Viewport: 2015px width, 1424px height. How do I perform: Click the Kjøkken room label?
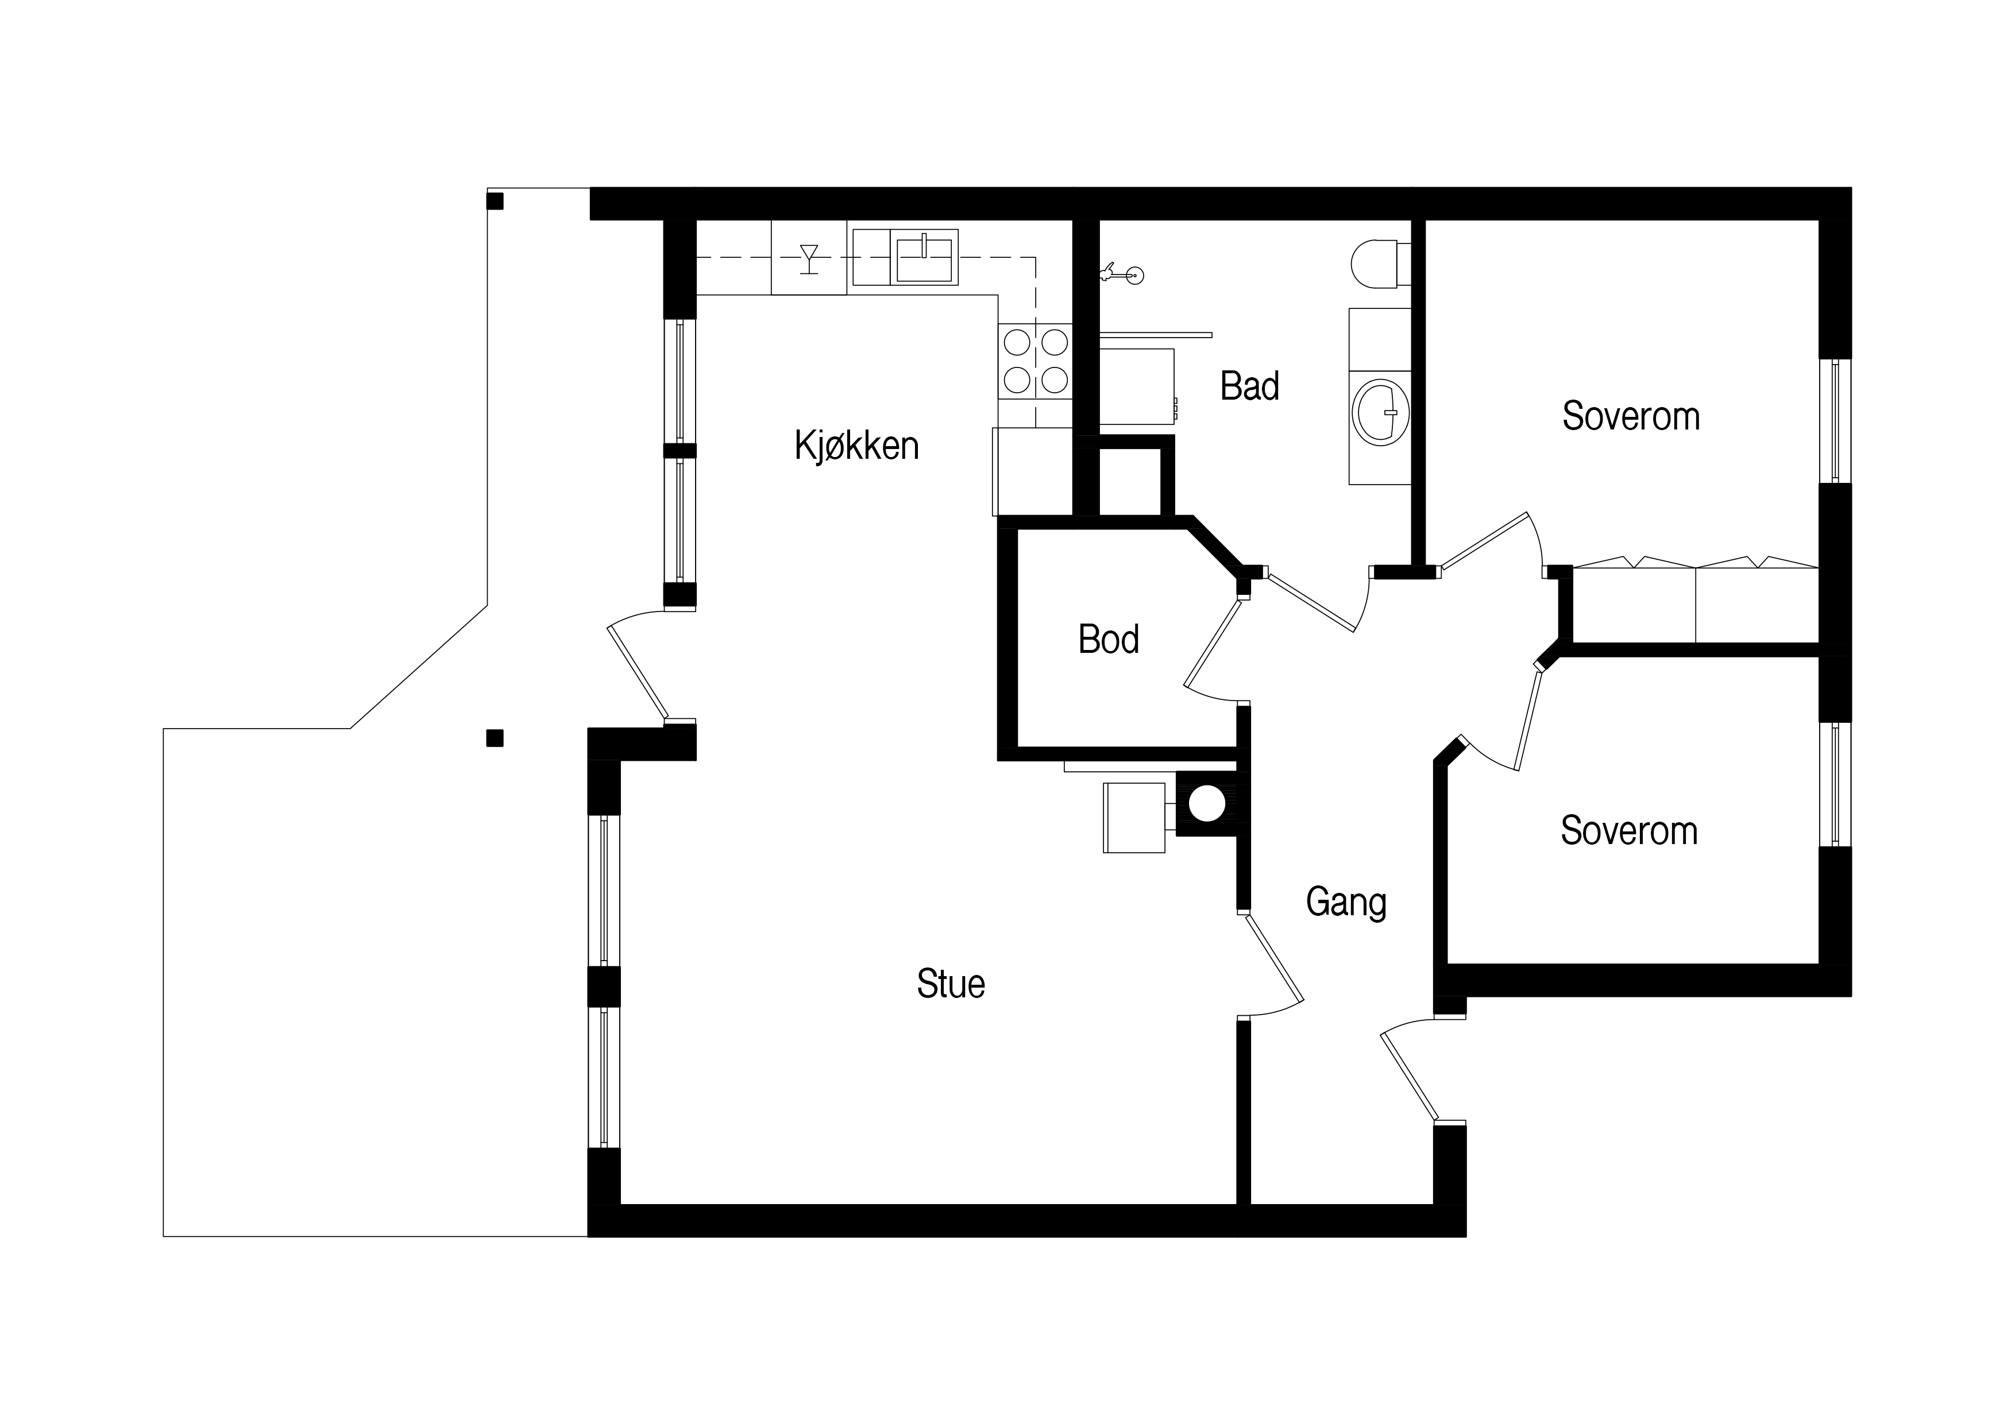pyautogui.click(x=856, y=446)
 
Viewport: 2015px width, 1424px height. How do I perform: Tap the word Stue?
pyautogui.click(x=951, y=984)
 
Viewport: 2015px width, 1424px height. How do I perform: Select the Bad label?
pyautogui.click(x=1250, y=386)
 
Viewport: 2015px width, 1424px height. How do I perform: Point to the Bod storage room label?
pyautogui.click(x=1109, y=640)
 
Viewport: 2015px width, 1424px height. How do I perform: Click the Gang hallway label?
pyautogui.click(x=1346, y=903)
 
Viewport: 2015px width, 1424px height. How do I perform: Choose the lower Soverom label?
pyautogui.click(x=1629, y=830)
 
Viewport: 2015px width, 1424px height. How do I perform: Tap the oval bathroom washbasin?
pyautogui.click(x=1381, y=412)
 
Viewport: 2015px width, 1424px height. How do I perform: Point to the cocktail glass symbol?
pyautogui.click(x=809, y=259)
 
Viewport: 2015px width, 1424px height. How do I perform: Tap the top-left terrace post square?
pyautogui.click(x=495, y=202)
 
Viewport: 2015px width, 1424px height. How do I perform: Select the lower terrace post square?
pyautogui.click(x=495, y=739)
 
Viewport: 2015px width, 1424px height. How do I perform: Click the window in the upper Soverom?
pyautogui.click(x=1835, y=421)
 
